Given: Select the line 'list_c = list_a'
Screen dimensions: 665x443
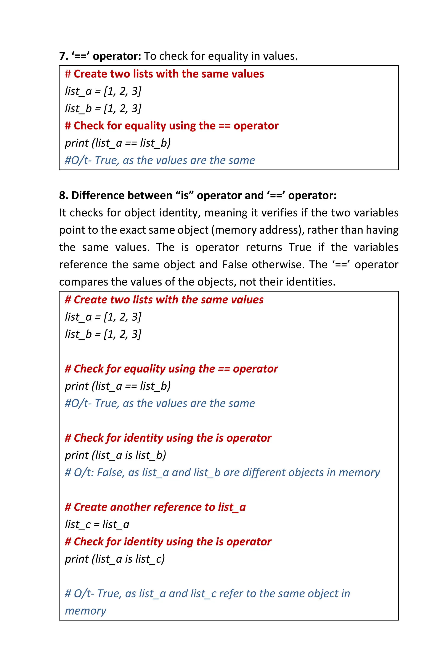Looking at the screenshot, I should (x=97, y=525).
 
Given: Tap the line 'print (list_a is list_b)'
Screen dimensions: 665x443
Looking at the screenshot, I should (x=115, y=455).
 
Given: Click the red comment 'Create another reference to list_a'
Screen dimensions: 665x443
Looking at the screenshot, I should (x=155, y=507).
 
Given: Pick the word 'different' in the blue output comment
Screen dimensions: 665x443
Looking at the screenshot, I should (x=264, y=473).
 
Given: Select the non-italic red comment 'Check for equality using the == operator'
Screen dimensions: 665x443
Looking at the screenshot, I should (x=172, y=126).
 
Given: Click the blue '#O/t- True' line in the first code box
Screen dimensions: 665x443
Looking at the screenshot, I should (x=160, y=160).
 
